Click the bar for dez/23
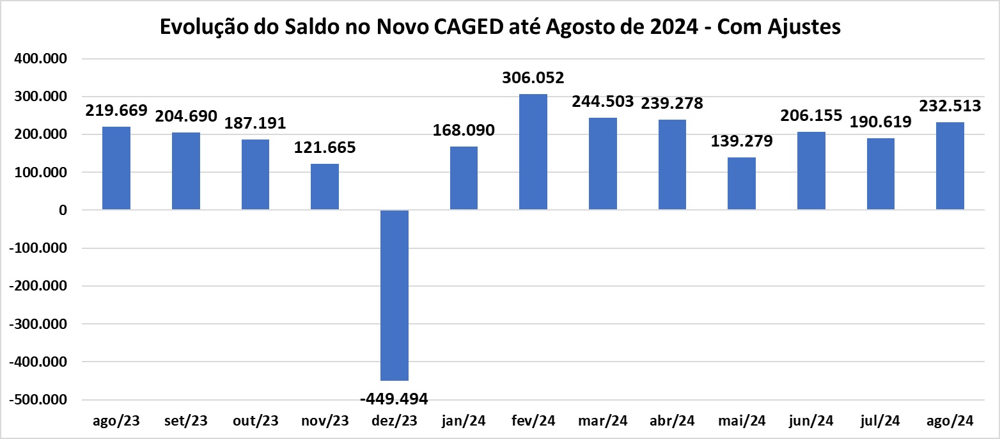coord(395,295)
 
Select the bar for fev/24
coord(533,152)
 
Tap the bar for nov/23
coord(325,187)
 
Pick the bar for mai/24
coord(742,184)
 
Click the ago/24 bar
coord(950,166)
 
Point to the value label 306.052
coord(533,78)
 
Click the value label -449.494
coord(395,399)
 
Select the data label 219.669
coord(116,110)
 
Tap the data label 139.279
coord(742,141)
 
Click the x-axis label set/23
coord(186,421)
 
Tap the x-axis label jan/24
coord(464,421)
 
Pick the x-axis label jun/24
coord(811,421)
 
